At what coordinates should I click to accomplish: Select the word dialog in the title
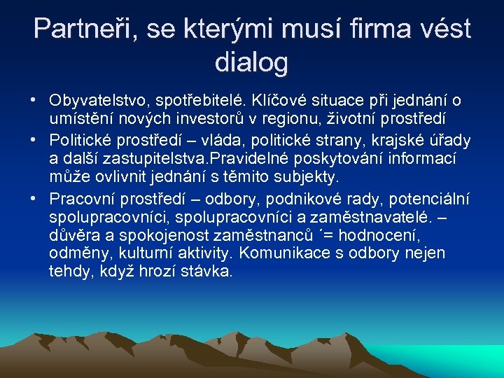pos(252,62)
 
